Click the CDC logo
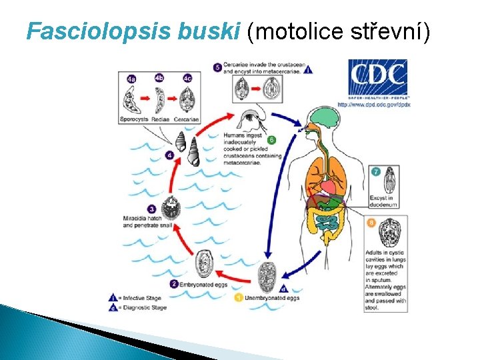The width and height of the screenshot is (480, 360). click(x=377, y=77)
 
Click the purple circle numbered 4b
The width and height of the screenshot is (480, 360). click(x=159, y=78)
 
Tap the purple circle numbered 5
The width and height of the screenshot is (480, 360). click(x=218, y=67)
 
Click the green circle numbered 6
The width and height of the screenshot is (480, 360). click(x=271, y=141)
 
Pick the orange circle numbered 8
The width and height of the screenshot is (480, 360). click(x=371, y=222)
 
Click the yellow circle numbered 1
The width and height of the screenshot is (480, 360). click(x=239, y=297)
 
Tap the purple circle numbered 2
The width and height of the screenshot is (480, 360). click(x=174, y=283)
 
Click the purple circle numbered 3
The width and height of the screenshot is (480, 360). click(x=152, y=209)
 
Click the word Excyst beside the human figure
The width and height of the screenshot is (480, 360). click(x=377, y=198)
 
